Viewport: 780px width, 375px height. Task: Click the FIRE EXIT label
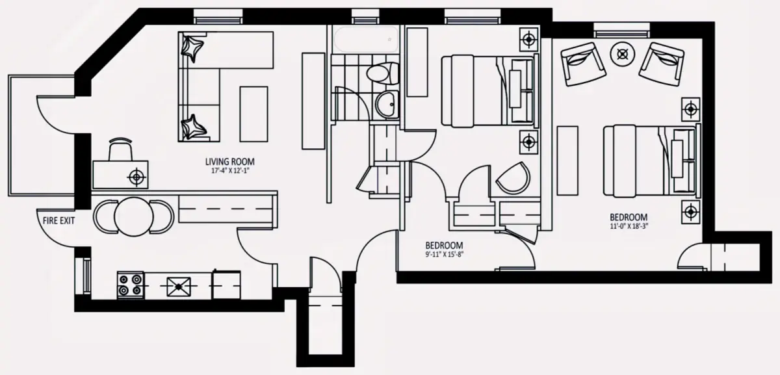58,220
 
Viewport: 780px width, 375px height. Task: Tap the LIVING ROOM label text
230,162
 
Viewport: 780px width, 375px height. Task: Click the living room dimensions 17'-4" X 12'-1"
231,171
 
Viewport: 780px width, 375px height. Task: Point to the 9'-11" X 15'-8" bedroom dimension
445,255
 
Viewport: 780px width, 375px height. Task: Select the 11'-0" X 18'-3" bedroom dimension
629,226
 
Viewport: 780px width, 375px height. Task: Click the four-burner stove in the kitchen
131,285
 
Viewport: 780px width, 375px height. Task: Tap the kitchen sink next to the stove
179,287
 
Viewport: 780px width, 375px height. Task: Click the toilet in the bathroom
383,73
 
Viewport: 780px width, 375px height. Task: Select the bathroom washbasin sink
387,104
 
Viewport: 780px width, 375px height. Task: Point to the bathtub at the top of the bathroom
366,39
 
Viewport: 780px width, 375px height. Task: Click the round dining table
134,216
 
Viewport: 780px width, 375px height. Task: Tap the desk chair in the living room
121,149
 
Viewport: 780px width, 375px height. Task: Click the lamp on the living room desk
136,177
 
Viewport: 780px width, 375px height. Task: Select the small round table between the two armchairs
623,54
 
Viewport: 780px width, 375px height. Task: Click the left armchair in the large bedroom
583,64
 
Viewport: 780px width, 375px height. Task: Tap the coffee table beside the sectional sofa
254,114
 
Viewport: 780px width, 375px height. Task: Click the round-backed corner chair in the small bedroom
513,178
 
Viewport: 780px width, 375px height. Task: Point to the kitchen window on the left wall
84,276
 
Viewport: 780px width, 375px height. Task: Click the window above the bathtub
365,17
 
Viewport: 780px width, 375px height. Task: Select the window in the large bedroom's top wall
621,30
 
